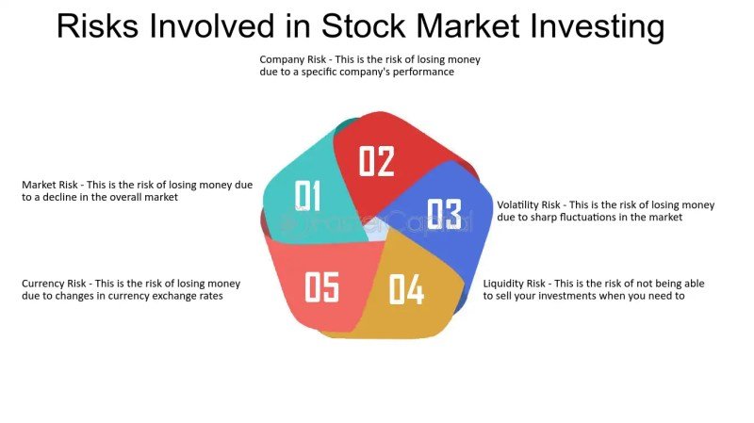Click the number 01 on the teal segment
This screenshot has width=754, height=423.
click(x=309, y=195)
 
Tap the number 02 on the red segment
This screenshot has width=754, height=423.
click(x=376, y=161)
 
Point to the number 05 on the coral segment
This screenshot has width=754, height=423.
click(x=321, y=287)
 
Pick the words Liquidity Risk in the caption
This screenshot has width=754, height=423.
click(x=517, y=284)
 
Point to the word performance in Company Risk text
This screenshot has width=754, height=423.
click(x=423, y=72)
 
